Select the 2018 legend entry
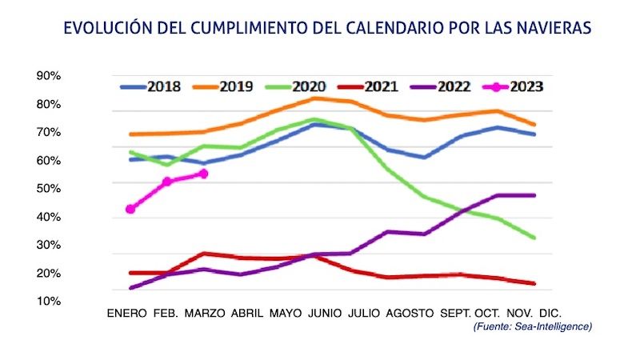click(151, 86)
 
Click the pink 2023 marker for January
click(130, 209)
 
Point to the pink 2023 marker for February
click(167, 182)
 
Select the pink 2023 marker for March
click(203, 173)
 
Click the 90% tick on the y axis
click(49, 76)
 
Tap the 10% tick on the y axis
click(49, 301)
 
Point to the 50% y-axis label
click(49, 188)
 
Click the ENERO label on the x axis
click(127, 313)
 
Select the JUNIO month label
click(326, 313)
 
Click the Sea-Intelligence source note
click(532, 326)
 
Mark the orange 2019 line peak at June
click(316, 98)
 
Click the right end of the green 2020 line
click(534, 238)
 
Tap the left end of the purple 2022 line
click(130, 288)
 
